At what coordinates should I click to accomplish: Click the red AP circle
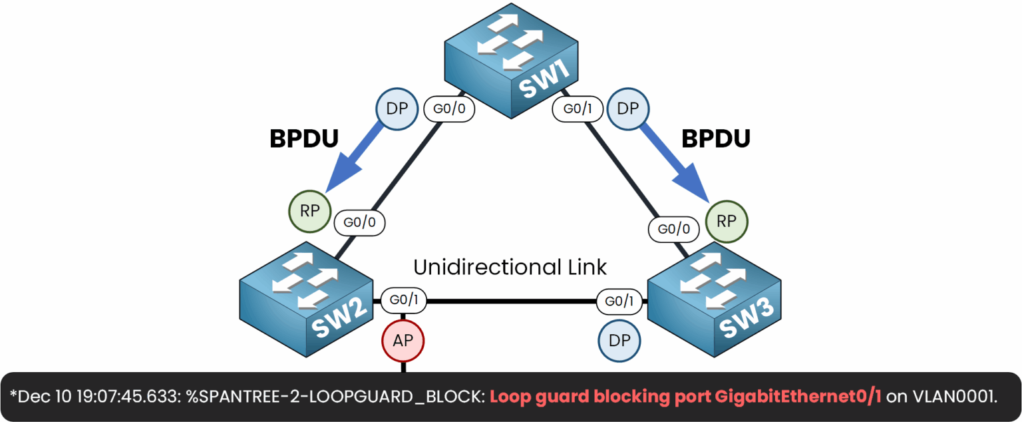tap(403, 341)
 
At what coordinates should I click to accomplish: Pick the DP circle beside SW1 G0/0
tap(397, 108)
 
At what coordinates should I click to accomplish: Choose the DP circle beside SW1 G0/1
tap(629, 108)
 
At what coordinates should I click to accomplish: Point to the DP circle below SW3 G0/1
tap(619, 341)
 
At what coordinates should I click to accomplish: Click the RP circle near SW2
tap(309, 211)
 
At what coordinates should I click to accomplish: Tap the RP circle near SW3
tap(727, 221)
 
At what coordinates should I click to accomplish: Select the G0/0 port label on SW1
tap(449, 108)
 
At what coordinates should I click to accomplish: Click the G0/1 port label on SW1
tap(576, 108)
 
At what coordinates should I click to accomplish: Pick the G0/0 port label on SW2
tap(359, 222)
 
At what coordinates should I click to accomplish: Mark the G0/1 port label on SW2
tap(404, 300)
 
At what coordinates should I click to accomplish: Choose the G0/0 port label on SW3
tap(673, 230)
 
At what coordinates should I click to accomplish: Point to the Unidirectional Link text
tap(510, 268)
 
